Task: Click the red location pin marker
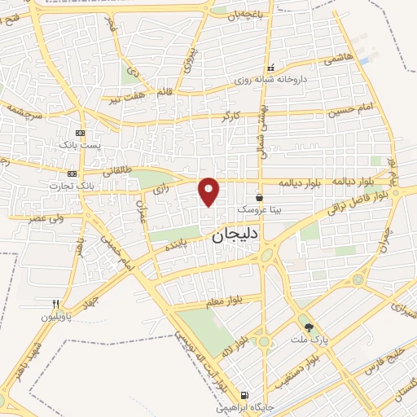click(209, 191)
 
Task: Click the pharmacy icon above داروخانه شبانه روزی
click(271, 68)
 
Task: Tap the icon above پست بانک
click(80, 132)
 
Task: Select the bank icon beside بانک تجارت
click(73, 173)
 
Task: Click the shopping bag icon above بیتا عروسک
click(259, 196)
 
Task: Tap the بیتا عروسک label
click(259, 208)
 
